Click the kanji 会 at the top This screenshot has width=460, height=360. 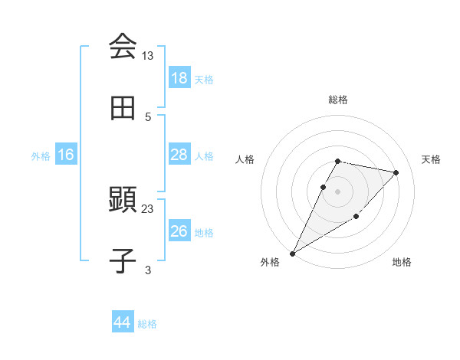(x=123, y=47)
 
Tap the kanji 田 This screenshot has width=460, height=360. (x=123, y=108)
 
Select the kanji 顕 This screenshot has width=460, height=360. (x=123, y=200)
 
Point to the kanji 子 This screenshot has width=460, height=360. (x=123, y=261)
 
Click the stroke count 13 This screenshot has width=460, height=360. (x=147, y=56)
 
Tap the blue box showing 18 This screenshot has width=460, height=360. (x=179, y=78)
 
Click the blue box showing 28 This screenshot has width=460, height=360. (x=179, y=155)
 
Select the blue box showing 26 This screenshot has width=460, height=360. (x=179, y=231)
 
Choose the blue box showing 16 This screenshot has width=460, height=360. (x=66, y=155)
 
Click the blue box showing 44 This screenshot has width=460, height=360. (x=122, y=323)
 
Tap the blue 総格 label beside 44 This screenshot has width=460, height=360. (x=147, y=324)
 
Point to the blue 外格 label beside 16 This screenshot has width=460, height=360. (x=41, y=155)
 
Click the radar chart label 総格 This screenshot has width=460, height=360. (x=338, y=100)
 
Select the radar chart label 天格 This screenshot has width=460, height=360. (x=431, y=159)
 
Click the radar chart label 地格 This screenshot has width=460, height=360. (x=402, y=263)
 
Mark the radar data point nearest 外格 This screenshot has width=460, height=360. (x=292, y=253)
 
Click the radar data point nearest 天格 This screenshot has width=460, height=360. (x=396, y=172)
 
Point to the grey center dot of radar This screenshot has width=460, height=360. (x=338, y=191)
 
